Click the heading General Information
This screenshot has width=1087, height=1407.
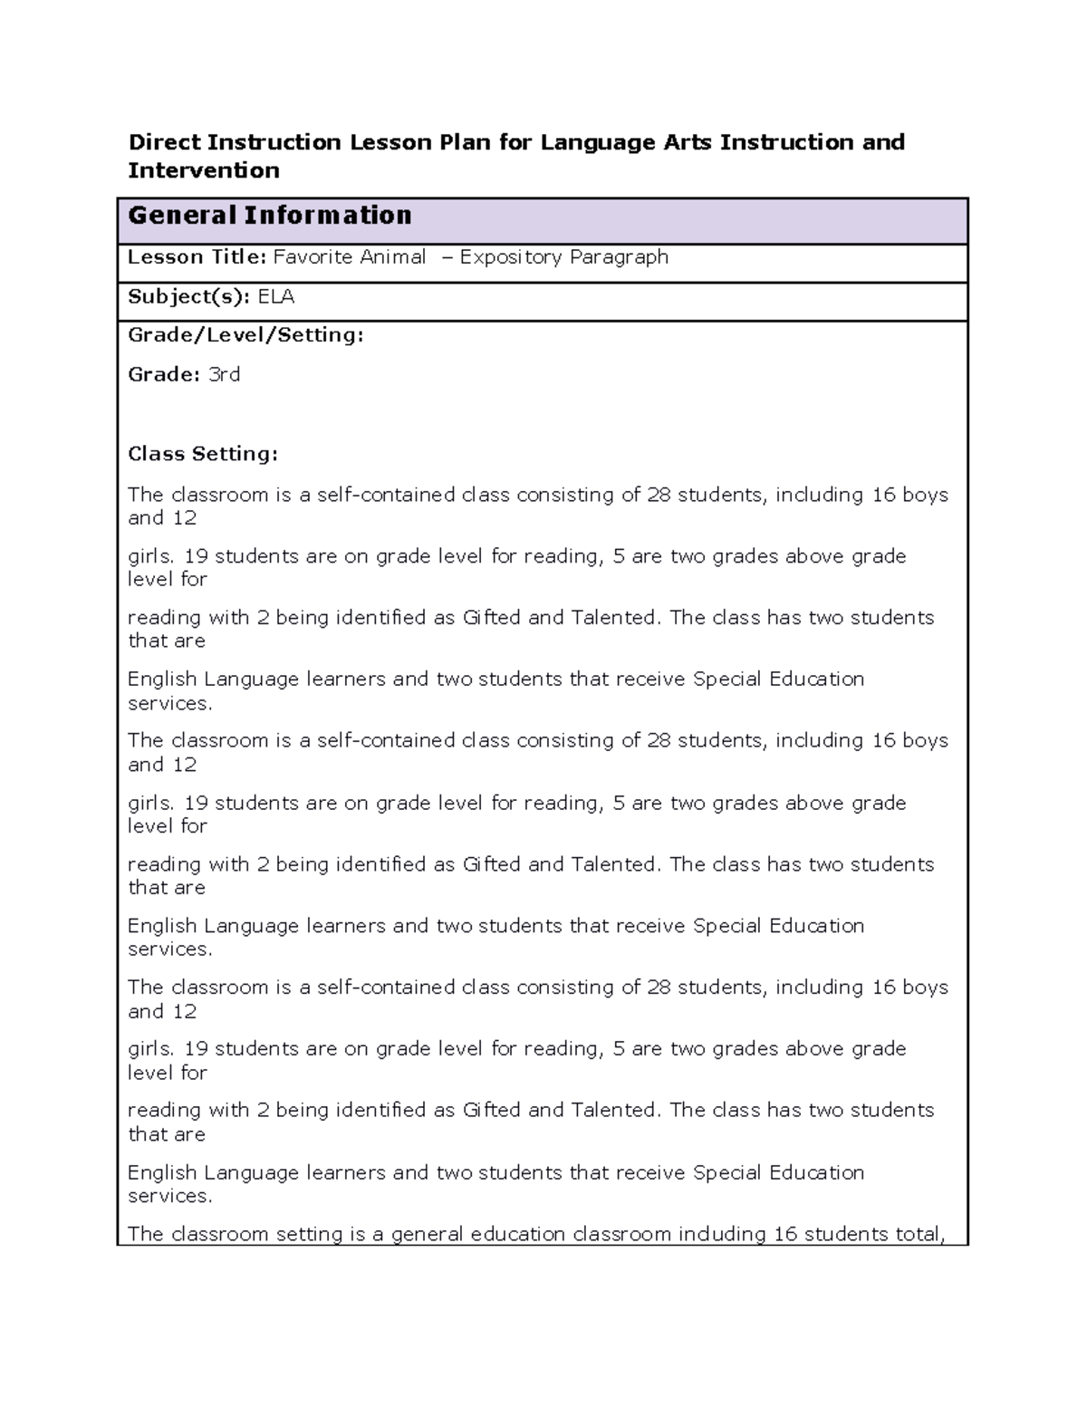coord(270,216)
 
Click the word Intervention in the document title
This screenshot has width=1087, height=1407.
coord(204,170)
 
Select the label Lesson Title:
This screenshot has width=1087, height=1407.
coord(197,257)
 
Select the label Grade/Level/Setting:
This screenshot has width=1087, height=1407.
coord(245,335)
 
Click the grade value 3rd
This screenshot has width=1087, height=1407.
coord(224,375)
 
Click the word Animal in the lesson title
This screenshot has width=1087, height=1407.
coord(392,257)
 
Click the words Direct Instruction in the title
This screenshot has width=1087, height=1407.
coord(235,142)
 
